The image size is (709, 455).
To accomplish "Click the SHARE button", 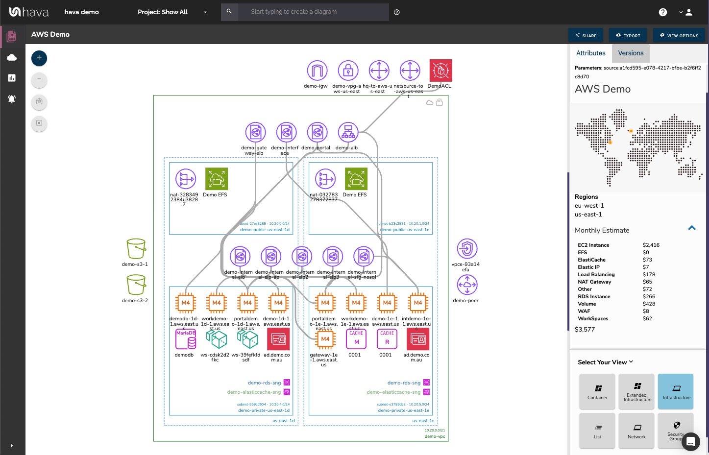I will [x=586, y=35].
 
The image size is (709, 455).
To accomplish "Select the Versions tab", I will [x=631, y=53].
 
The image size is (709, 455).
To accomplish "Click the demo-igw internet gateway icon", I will [x=317, y=71].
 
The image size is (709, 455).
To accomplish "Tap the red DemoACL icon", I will [x=440, y=71].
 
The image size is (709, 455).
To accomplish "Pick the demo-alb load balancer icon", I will [x=348, y=132].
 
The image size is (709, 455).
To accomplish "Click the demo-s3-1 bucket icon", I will [x=136, y=249].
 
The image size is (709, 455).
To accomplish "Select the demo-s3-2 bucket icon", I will [x=136, y=285].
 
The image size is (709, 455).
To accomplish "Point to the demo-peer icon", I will [x=467, y=285].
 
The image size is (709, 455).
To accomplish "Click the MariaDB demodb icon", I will [x=185, y=339].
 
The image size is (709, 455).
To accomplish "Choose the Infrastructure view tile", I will [x=676, y=391].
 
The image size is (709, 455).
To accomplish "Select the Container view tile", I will [x=597, y=391].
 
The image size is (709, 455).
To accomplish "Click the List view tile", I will [x=597, y=430].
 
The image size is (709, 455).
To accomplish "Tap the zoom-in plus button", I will [x=39, y=58].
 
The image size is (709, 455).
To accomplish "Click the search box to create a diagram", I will [x=313, y=12].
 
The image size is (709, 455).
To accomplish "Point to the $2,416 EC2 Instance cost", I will [x=651, y=245].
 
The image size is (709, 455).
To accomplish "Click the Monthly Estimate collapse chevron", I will [x=692, y=228].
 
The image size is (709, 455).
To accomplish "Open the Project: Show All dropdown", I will [x=172, y=12].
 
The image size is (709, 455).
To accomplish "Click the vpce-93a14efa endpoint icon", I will [x=467, y=249].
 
